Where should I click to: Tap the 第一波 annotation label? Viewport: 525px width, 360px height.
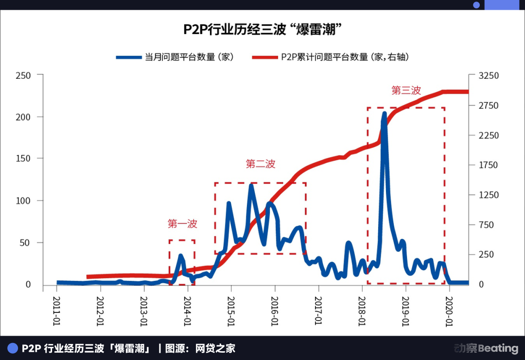[182, 224]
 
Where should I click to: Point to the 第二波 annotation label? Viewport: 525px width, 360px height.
[261, 164]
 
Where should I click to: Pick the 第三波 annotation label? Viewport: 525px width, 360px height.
[406, 91]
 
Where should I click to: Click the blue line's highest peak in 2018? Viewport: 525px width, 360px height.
[385, 114]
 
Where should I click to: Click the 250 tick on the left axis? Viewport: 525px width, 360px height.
[23, 75]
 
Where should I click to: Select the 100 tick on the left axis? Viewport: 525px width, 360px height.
[23, 201]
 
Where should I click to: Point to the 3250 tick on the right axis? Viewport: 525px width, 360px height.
[488, 76]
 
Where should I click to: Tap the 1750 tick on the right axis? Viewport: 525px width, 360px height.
[488, 165]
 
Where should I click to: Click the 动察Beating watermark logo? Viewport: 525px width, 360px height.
[486, 348]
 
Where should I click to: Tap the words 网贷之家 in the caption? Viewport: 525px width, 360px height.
[215, 348]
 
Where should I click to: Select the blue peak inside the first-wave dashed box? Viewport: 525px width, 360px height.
[181, 256]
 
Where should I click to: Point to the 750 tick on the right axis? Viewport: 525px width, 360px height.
[488, 225]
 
